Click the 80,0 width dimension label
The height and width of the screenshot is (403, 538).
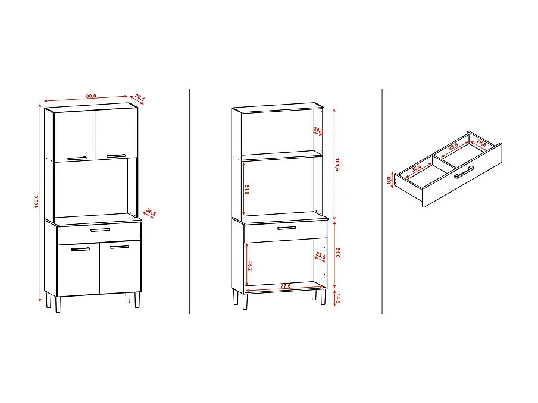tap(91, 96)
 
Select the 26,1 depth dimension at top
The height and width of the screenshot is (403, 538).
tap(140, 97)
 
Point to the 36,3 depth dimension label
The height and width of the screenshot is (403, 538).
tap(151, 212)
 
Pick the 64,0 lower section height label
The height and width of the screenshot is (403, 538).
tap(337, 253)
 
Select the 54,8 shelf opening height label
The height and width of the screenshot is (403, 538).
tap(246, 189)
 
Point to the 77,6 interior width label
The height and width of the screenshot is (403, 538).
tap(286, 286)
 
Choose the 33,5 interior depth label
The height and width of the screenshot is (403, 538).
tap(320, 256)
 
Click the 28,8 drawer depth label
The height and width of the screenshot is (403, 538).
tap(481, 143)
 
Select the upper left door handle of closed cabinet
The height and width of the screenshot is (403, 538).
tap(77, 158)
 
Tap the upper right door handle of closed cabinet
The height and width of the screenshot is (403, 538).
tap(117, 156)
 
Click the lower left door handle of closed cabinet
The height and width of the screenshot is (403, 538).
tap(80, 249)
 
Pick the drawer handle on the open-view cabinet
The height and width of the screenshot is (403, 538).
tap(287, 228)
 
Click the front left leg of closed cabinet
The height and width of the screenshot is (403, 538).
tap(58, 305)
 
